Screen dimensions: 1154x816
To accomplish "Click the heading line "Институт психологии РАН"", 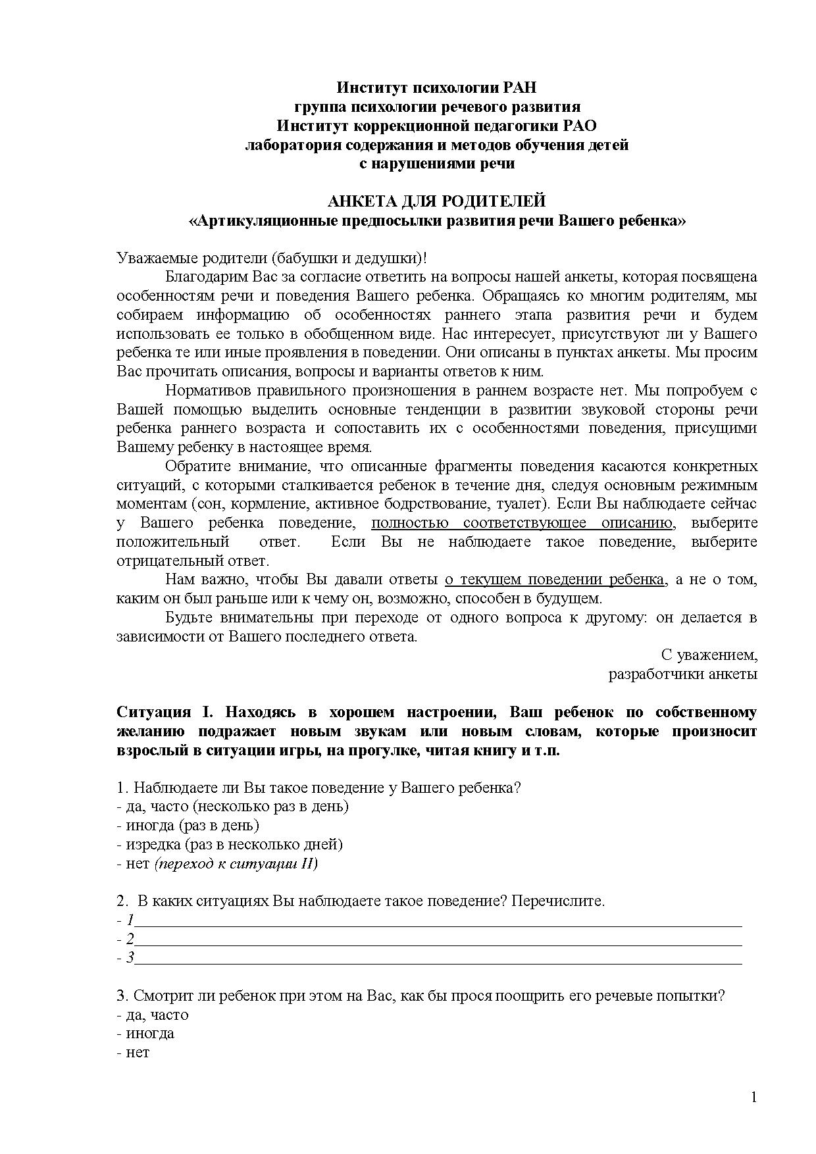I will tap(437, 88).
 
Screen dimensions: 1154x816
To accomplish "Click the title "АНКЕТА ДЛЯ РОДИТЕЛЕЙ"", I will tap(437, 201).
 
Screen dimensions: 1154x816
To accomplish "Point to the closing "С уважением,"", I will tap(709, 655).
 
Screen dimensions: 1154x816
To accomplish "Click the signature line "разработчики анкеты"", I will tap(682, 674).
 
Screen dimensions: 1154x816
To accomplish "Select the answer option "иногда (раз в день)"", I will tap(188, 826).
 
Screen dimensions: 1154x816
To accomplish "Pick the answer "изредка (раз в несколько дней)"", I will tap(230, 845).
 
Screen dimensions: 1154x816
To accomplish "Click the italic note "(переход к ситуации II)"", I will tap(236, 864).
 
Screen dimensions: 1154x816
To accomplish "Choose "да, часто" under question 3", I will tap(153, 1015).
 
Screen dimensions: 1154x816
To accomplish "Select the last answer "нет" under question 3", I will tap(134, 1053).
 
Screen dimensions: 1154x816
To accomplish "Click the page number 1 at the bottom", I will tap(754, 1097).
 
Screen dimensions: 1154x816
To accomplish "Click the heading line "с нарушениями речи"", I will tap(437, 164).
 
